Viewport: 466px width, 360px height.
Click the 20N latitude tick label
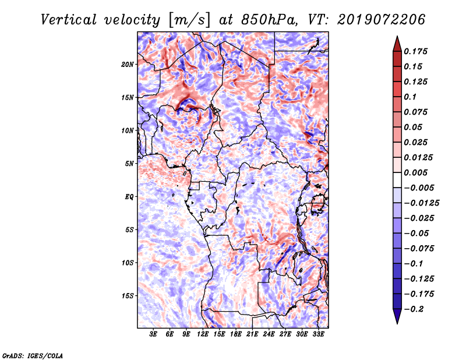[x=128, y=65]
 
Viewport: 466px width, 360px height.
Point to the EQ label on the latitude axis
[x=129, y=197]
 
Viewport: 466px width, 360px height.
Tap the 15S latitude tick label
[x=128, y=296]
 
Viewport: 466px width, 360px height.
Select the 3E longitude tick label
[x=153, y=334]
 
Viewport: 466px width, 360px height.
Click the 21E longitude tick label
[x=252, y=334]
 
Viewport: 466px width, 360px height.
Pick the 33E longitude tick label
[x=318, y=334]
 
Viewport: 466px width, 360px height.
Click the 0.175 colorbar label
[x=415, y=51]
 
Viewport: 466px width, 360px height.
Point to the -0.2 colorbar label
[x=414, y=309]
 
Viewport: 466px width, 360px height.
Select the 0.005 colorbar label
[x=415, y=172]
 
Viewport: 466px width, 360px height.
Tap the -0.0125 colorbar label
[x=421, y=203]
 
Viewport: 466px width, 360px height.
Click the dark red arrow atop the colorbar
[x=397, y=44]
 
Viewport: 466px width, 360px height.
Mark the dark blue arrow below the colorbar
[x=397, y=316]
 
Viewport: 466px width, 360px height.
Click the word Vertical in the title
[x=69, y=20]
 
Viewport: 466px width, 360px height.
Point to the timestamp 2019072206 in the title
[x=382, y=20]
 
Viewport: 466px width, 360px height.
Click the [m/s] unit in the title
[x=189, y=20]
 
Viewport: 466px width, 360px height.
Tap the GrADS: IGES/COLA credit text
[x=33, y=356]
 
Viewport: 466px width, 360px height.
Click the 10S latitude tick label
[x=128, y=263]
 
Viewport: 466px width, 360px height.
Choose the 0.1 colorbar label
[x=410, y=97]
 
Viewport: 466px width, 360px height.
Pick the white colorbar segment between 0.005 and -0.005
[x=397, y=180]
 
